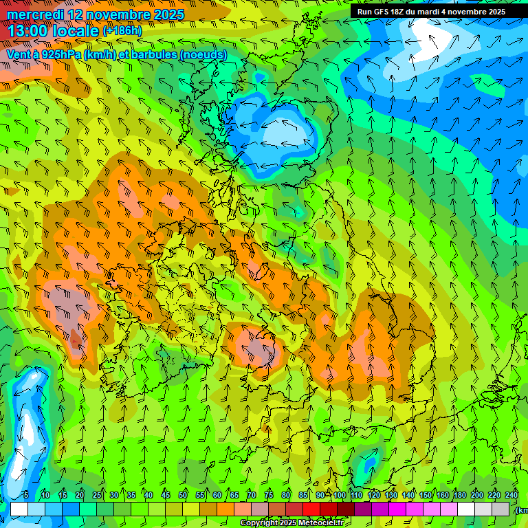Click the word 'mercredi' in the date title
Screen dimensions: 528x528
point(35,14)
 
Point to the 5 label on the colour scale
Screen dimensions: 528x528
point(26,496)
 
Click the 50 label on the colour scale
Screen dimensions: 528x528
point(183,496)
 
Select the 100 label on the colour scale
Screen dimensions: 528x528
point(340,496)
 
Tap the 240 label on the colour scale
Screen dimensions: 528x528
point(511,496)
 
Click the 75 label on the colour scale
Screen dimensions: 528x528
point(269,496)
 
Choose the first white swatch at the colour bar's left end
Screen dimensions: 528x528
point(19,509)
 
